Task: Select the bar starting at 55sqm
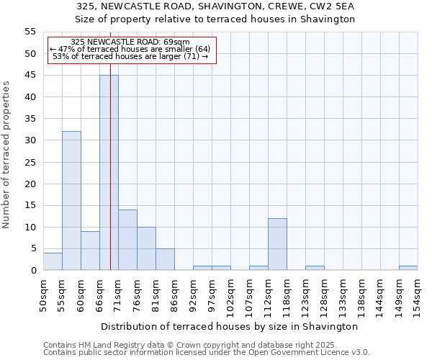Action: [x=71, y=201]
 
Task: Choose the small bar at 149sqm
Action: [x=408, y=268]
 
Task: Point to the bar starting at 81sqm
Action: [x=165, y=259]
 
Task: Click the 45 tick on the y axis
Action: [x=30, y=76]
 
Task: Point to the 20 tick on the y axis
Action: [x=30, y=184]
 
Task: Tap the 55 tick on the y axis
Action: [x=30, y=32]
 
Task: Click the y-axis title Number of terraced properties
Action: [x=6, y=155]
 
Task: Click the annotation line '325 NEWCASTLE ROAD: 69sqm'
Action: [x=131, y=42]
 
